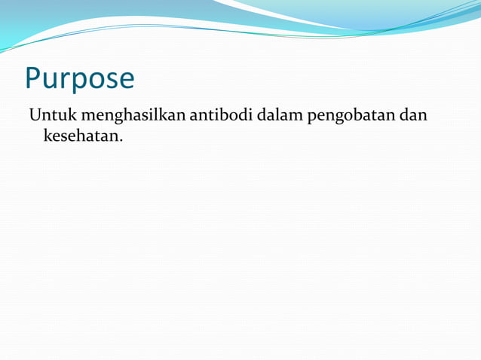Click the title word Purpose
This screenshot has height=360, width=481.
(x=80, y=78)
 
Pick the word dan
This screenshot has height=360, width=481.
(x=414, y=116)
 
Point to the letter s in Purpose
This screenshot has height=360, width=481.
(x=110, y=80)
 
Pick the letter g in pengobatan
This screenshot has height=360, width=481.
(x=336, y=119)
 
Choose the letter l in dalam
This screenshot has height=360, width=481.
(x=279, y=115)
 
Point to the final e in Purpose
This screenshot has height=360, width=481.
(x=125, y=80)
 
